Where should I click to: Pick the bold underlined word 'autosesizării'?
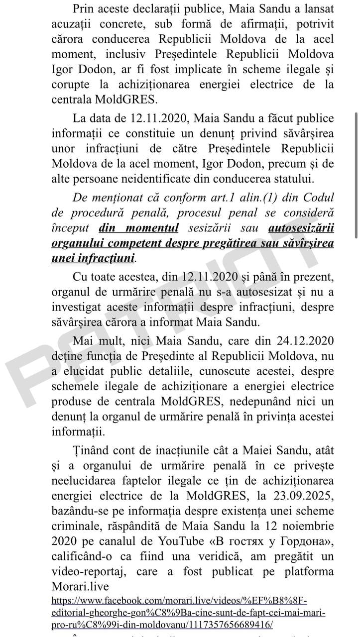(301, 228)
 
